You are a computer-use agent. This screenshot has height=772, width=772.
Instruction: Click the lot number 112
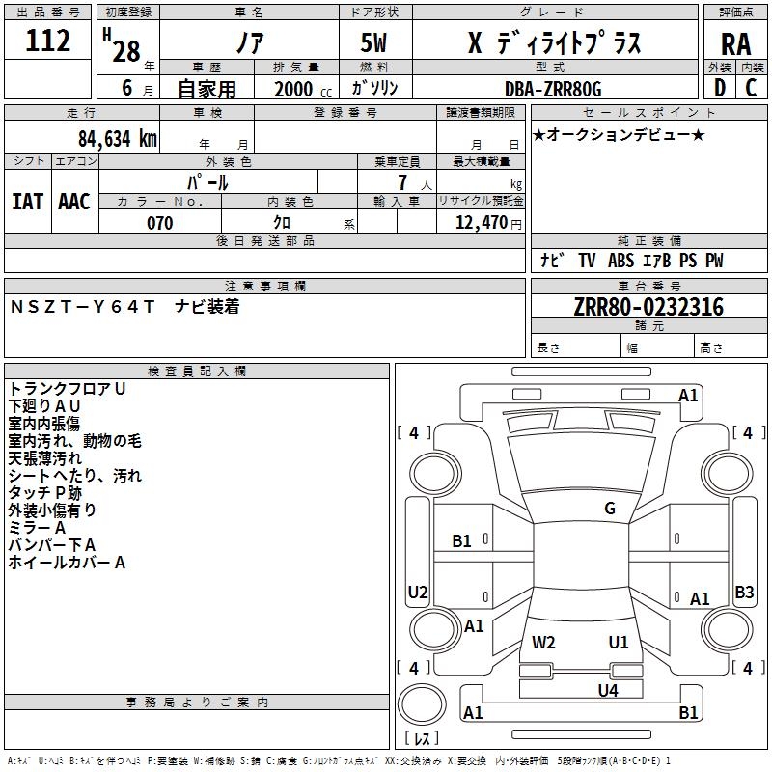pyautogui.click(x=47, y=41)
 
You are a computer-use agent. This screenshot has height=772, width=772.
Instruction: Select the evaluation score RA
pyautogui.click(x=735, y=44)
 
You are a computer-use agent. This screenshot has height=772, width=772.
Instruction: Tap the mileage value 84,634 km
pyautogui.click(x=117, y=138)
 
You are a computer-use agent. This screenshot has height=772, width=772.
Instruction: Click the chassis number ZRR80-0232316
pyautogui.click(x=648, y=307)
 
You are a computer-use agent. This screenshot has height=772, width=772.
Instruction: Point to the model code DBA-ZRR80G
pyautogui.click(x=553, y=89)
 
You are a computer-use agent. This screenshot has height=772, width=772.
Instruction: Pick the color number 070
pyautogui.click(x=160, y=223)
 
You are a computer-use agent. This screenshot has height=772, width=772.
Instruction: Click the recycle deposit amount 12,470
pyautogui.click(x=481, y=223)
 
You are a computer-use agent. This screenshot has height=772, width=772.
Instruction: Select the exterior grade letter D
pyautogui.click(x=720, y=88)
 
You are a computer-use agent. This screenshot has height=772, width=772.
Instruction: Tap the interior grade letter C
pyautogui.click(x=751, y=88)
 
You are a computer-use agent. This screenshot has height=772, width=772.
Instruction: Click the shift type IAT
pyautogui.click(x=27, y=202)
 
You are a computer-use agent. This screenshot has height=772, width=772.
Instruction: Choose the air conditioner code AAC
pyautogui.click(x=74, y=202)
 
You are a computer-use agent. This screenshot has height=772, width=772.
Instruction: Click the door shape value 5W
pyautogui.click(x=373, y=42)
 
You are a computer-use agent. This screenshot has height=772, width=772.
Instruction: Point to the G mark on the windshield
pyautogui.click(x=610, y=509)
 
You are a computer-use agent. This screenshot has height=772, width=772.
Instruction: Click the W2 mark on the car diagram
pyautogui.click(x=543, y=643)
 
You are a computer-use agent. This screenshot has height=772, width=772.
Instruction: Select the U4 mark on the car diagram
pyautogui.click(x=608, y=691)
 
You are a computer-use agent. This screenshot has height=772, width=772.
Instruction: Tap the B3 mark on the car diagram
pyautogui.click(x=744, y=592)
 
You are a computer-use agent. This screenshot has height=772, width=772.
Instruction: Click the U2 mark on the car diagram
pyautogui.click(x=418, y=592)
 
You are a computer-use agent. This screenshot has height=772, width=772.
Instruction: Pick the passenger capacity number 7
pyautogui.click(x=402, y=182)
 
